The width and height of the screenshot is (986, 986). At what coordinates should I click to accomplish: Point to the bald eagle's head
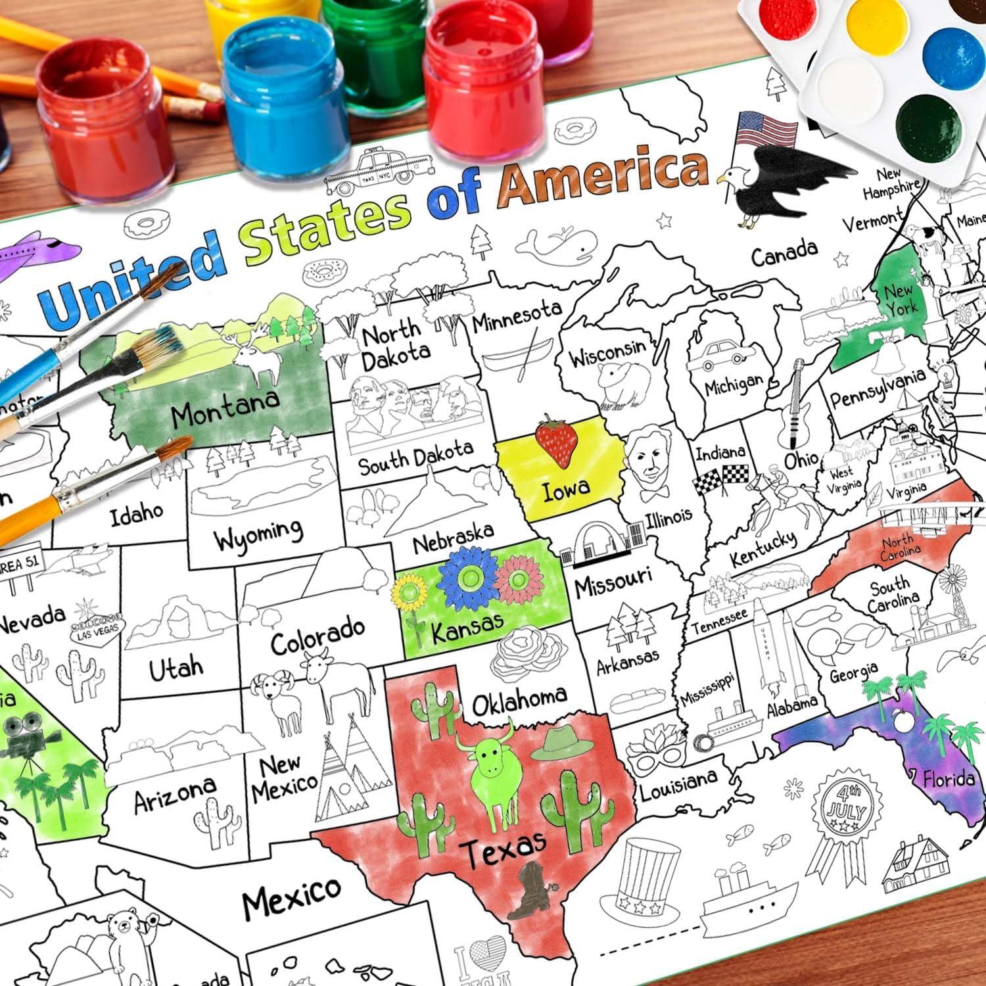pos(732,176)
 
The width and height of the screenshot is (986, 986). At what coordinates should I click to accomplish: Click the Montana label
pos(225,408)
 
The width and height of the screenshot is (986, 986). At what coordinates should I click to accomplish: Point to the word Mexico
pos(291,897)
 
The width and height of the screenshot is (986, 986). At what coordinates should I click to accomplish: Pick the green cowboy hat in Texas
pos(559,743)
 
